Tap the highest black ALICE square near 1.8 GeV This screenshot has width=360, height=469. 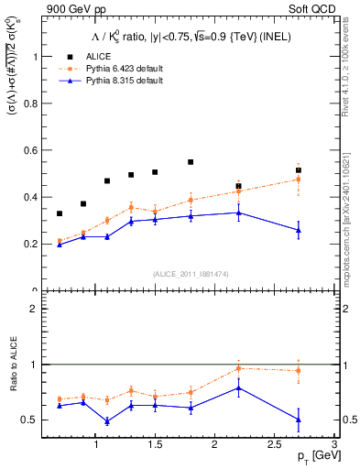[191, 162]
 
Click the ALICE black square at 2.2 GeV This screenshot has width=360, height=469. [238, 186]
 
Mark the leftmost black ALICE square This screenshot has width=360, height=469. [60, 213]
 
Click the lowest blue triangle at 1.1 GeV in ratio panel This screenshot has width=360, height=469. [107, 421]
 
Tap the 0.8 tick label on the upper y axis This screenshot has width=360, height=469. [31, 103]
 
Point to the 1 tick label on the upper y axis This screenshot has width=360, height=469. [35, 56]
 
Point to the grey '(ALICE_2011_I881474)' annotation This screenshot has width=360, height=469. [190, 274]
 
